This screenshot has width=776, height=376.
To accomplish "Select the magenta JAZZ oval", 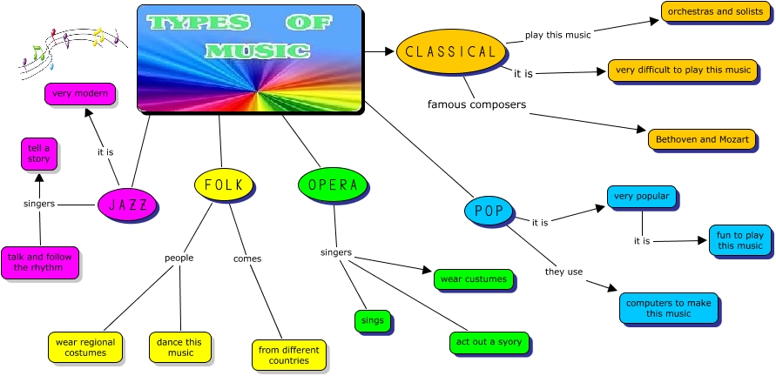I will [127, 205].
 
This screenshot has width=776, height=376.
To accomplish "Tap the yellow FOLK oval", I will [224, 185].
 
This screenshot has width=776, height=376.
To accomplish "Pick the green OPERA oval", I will [333, 185].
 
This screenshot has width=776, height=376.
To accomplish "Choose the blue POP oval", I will [489, 210].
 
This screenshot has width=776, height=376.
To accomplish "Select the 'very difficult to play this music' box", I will [682, 70].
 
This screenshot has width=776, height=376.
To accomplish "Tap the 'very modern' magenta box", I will [79, 94].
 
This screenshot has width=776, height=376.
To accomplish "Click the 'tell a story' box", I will [39, 151].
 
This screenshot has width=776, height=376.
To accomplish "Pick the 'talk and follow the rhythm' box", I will [40, 262].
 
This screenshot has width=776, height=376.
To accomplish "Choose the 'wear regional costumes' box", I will [85, 347].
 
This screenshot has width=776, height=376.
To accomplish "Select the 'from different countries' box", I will [288, 354].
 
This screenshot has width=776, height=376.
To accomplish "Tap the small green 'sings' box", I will [372, 320].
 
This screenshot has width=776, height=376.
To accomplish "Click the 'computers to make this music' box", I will [669, 308].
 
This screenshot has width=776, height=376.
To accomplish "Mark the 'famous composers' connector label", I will [476, 104].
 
